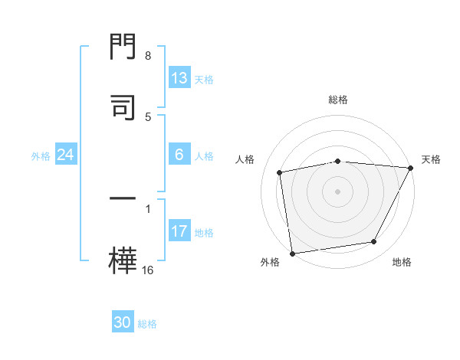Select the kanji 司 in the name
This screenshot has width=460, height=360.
click(x=123, y=107)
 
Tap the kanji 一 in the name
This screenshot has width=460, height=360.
click(x=123, y=201)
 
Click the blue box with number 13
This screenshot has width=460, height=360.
click(x=179, y=78)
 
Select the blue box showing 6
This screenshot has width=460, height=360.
click(x=179, y=155)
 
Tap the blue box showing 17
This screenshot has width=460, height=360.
click(x=179, y=231)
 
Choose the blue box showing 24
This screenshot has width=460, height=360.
click(x=66, y=155)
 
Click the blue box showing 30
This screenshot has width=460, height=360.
click(x=123, y=323)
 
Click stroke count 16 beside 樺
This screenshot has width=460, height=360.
click(x=148, y=270)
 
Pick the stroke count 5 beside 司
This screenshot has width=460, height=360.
click(x=148, y=116)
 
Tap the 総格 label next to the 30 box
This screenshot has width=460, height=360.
click(x=147, y=324)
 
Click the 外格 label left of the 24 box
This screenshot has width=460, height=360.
click(x=41, y=155)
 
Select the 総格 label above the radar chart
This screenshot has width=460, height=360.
click(x=338, y=100)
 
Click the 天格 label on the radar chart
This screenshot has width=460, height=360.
click(x=431, y=159)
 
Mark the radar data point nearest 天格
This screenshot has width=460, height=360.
click(x=410, y=168)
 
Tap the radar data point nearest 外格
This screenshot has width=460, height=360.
click(x=292, y=253)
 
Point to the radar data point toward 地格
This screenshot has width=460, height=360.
click(x=374, y=242)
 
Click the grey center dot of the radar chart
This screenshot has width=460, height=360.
click(x=338, y=191)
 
